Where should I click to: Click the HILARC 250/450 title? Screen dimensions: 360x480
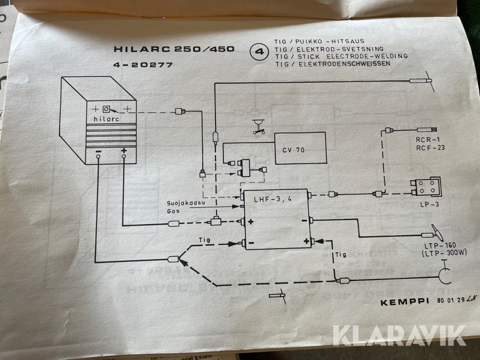pos(174,49)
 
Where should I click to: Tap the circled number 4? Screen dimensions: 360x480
pos(260,52)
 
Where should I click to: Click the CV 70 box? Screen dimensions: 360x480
pos(300,149)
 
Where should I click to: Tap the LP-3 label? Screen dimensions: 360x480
pos(425,205)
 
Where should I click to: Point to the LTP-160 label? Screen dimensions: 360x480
pos(437,246)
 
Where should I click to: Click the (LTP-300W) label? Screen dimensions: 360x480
pos(441,253)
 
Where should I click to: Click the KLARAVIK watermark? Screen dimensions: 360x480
pos(399,334)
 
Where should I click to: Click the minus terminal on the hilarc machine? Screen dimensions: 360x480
pos(99,151)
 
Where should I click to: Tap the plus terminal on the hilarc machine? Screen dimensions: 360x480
pos(124,151)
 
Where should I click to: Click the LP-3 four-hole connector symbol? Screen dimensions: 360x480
pos(427,187)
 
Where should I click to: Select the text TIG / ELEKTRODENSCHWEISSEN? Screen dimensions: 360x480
pos(332,63)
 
